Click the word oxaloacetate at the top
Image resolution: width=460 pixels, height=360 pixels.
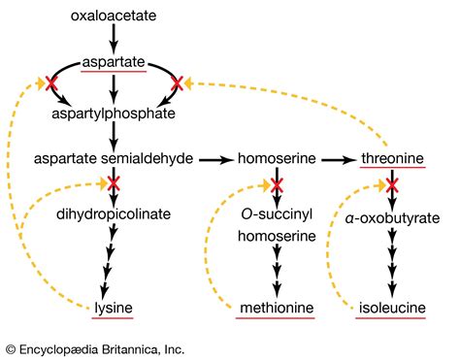point(115,16)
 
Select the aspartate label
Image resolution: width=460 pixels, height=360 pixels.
point(114,61)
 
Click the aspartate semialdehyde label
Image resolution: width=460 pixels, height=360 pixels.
point(114,157)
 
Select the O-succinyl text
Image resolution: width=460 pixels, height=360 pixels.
point(278,213)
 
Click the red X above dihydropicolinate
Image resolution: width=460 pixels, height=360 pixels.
point(114,182)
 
